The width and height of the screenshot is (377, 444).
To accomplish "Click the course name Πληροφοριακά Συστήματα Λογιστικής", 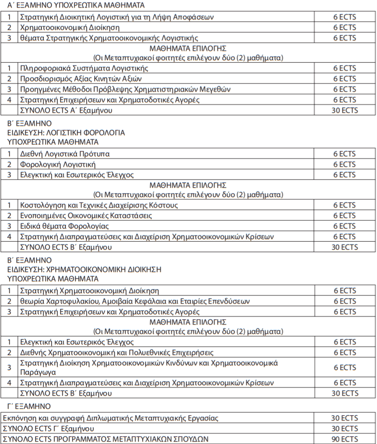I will [x=84, y=68].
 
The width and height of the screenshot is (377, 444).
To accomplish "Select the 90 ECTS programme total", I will [x=345, y=439].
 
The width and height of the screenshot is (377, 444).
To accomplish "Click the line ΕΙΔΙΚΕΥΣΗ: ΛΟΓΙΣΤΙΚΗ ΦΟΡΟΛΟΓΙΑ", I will [x=66, y=132].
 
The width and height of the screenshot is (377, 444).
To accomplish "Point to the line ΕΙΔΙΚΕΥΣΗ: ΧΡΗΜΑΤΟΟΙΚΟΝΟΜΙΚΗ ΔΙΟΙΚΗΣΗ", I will [x=84, y=269].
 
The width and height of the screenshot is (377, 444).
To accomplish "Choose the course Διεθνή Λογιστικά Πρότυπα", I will [x=64, y=154].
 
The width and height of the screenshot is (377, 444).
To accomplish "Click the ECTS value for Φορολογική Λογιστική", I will [x=345, y=164].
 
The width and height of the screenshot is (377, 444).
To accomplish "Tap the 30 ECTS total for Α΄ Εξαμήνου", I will [x=345, y=110].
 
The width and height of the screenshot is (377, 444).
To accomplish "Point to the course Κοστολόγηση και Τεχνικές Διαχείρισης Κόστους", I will [x=99, y=205].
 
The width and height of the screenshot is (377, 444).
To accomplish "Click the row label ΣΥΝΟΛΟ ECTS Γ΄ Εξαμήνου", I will [x=49, y=428].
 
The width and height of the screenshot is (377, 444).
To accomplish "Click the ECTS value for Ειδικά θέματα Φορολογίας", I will [x=345, y=226].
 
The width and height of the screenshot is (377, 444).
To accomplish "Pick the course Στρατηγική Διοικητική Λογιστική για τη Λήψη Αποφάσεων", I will [x=117, y=17].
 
